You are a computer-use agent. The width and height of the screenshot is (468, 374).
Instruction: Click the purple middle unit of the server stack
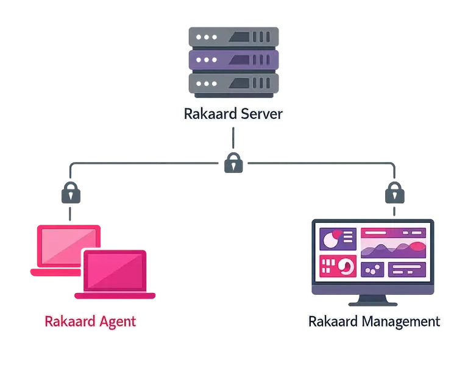pyautogui.click(x=234, y=60)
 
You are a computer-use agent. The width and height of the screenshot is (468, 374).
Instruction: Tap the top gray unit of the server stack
pyautogui.click(x=234, y=37)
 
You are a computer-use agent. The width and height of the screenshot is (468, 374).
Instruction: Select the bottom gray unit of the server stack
pyautogui.click(x=234, y=83)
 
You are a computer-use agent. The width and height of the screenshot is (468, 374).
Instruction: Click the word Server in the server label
pyautogui.click(x=261, y=114)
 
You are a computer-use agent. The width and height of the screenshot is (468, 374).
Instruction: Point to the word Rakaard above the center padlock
pyautogui.click(x=210, y=114)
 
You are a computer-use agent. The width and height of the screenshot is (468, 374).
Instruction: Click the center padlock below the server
pyautogui.click(x=233, y=163)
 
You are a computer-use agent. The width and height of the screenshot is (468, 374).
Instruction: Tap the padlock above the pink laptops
pyautogui.click(x=71, y=192)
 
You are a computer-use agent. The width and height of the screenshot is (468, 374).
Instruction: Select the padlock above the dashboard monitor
pyautogui.click(x=395, y=192)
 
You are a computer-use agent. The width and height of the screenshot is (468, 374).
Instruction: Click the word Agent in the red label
pyautogui.click(x=118, y=322)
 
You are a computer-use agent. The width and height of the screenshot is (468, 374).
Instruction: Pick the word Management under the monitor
pyautogui.click(x=401, y=322)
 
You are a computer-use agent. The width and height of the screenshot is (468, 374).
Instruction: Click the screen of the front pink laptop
pyautogui.click(x=115, y=271)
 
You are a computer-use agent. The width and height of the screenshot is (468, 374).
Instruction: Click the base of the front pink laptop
pyautogui.click(x=115, y=295)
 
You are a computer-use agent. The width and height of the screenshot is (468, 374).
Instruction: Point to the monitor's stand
pyautogui.click(x=373, y=300)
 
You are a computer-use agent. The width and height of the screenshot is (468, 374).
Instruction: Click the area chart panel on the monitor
pyautogui.click(x=394, y=243)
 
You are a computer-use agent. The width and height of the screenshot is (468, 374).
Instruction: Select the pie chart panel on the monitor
pyautogui.click(x=338, y=239)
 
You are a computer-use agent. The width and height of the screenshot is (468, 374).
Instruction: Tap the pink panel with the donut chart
pyautogui.click(x=338, y=266)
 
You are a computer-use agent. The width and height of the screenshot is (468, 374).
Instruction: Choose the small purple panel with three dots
pyautogui.click(x=372, y=270)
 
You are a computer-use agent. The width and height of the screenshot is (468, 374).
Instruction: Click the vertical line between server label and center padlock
pyautogui.click(x=233, y=138)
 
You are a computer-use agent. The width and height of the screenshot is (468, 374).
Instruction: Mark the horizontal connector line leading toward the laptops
pyautogui.click(x=144, y=163)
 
